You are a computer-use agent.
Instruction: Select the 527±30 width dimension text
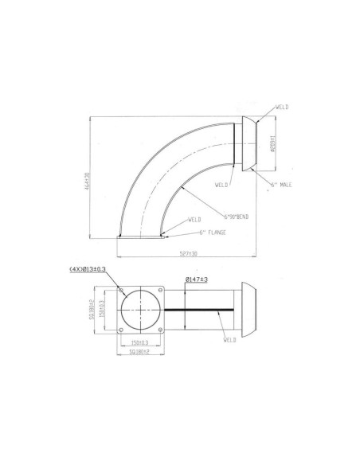click(190, 254)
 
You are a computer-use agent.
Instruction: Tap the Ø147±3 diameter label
click(195, 279)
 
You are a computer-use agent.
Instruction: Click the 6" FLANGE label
click(213, 232)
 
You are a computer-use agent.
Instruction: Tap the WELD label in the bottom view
click(230, 339)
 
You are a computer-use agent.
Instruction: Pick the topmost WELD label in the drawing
click(281, 105)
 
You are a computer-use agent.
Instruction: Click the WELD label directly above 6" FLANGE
click(194, 218)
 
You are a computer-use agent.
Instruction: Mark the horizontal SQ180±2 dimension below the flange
click(140, 353)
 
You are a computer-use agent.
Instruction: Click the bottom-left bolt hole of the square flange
click(120, 328)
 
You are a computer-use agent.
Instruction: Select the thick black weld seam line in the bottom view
click(199, 309)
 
